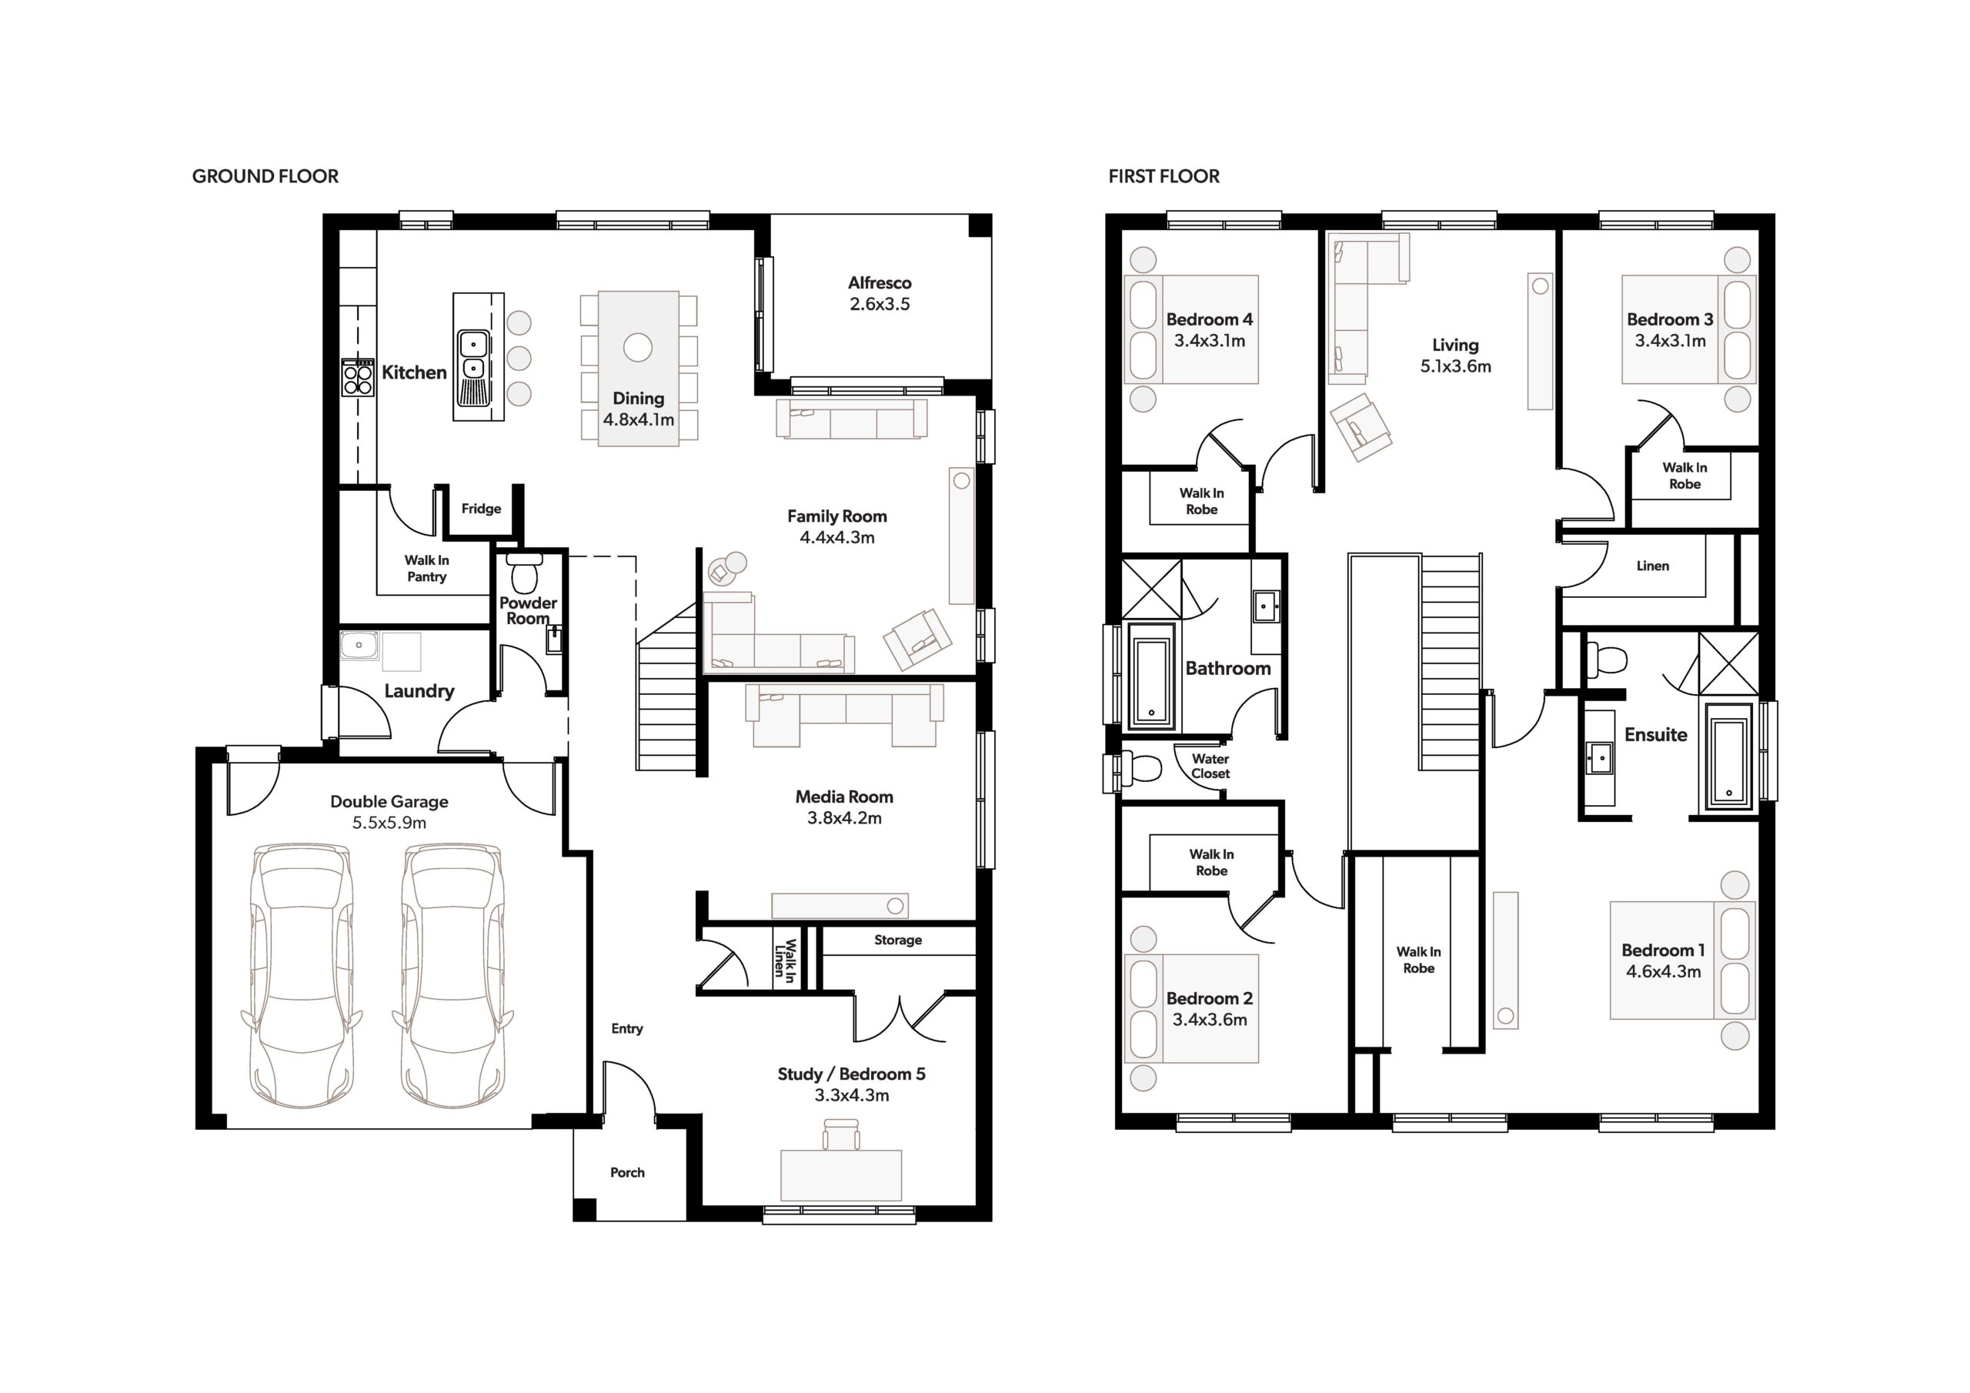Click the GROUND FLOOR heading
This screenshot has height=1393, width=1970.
tap(265, 177)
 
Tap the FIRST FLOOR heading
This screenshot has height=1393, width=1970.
tap(1164, 177)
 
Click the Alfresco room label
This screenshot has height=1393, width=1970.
tap(880, 282)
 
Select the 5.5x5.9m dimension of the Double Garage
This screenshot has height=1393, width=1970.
tap(389, 823)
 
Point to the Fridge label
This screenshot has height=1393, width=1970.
tap(482, 509)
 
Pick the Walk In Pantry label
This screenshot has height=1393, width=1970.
tap(426, 568)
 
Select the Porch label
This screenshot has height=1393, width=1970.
tap(627, 1172)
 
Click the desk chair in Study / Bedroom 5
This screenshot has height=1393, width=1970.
tap(841, 1134)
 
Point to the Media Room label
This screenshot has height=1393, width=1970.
tap(844, 797)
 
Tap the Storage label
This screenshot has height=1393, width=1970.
tap(898, 940)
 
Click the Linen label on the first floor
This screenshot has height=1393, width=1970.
tap(1652, 566)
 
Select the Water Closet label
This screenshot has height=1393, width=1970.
tap(1210, 766)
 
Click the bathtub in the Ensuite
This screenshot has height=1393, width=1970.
tap(1728, 757)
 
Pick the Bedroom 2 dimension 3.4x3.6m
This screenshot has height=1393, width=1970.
tap(1210, 1020)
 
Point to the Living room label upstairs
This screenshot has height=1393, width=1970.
tap(1455, 345)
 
